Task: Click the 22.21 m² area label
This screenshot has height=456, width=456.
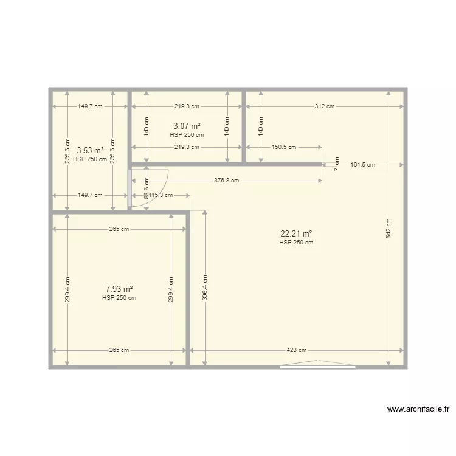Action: point(296,233)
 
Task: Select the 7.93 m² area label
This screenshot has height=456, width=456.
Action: point(119,289)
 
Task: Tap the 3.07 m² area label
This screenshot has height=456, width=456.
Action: point(187,126)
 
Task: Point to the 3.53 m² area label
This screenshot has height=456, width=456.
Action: point(90,151)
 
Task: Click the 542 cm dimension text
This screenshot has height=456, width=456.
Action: point(389,228)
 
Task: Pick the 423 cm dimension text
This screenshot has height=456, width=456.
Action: point(297,350)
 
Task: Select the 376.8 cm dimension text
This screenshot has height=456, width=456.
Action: point(226,181)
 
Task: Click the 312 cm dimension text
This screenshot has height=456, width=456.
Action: point(324,106)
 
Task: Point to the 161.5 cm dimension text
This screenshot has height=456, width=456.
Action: point(362,165)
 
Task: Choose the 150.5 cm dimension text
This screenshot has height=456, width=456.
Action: point(283,147)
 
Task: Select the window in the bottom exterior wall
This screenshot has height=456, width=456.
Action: point(317,366)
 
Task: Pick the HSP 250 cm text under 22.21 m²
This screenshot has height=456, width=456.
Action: point(296,243)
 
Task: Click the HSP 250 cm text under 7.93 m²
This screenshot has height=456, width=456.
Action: point(119,298)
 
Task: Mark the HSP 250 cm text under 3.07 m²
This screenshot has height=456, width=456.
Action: point(187,135)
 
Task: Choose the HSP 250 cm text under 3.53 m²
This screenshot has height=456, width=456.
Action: point(90,159)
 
